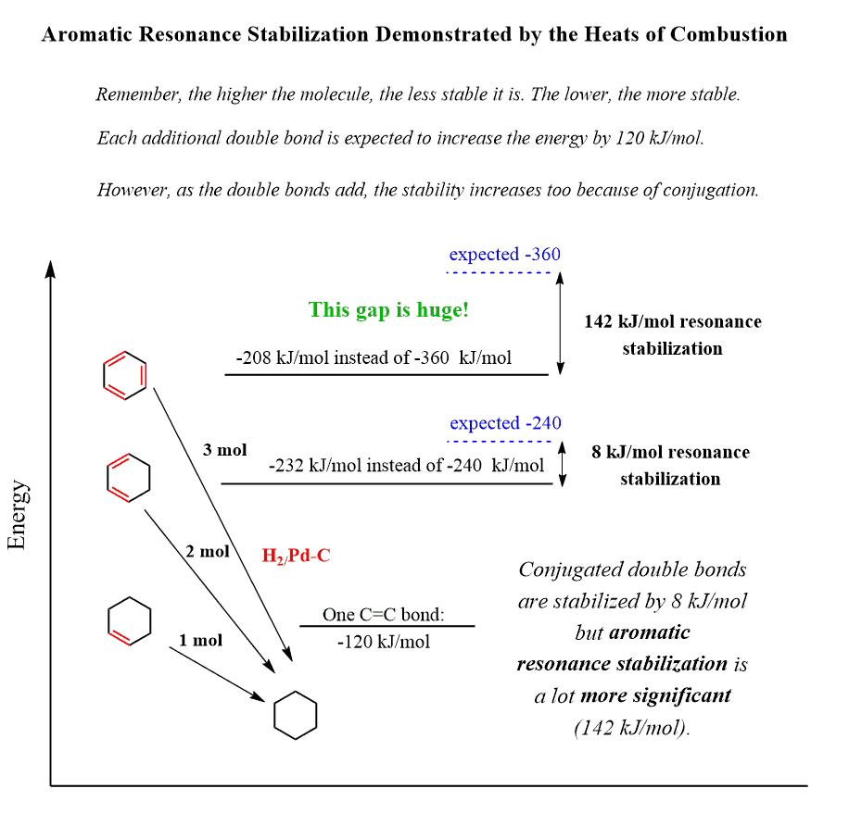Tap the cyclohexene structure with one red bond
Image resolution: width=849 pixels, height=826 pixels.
pyautogui.click(x=130, y=619)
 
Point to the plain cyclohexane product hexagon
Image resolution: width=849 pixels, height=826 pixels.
pyautogui.click(x=296, y=715)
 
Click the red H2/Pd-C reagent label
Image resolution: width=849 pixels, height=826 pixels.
pyautogui.click(x=297, y=556)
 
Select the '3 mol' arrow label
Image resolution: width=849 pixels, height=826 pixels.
pyautogui.click(x=224, y=451)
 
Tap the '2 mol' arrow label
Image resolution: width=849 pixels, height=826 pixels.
pyautogui.click(x=208, y=552)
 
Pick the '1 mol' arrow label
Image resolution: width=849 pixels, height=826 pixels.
pyautogui.click(x=200, y=640)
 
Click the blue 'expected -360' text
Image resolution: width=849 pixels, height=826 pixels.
pyautogui.click(x=504, y=255)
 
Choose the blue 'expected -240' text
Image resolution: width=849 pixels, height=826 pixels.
pyautogui.click(x=505, y=424)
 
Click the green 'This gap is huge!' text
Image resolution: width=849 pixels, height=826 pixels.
pyautogui.click(x=389, y=310)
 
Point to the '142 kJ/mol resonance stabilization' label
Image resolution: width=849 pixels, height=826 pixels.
pyautogui.click(x=672, y=334)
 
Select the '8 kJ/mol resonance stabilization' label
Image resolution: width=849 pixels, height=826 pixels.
pyautogui.click(x=670, y=465)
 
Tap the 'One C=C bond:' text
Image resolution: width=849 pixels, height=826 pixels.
pyautogui.click(x=384, y=615)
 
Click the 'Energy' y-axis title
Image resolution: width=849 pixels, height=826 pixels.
pyautogui.click(x=18, y=515)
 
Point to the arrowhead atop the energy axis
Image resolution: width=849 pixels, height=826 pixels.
pyautogui.click(x=51, y=268)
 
